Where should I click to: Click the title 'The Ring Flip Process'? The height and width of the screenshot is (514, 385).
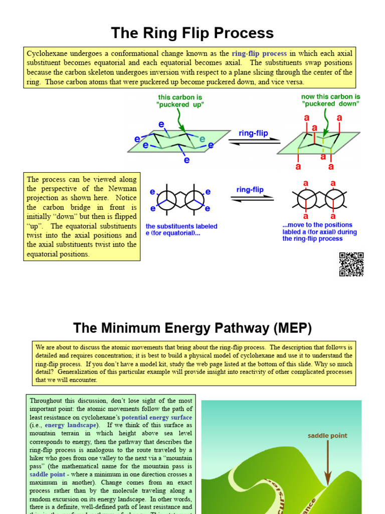(192, 33)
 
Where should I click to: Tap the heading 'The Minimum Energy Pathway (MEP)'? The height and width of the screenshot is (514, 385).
(192, 328)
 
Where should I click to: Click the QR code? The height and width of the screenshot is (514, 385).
(351, 264)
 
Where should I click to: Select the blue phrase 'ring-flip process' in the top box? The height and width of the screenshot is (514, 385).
(259, 53)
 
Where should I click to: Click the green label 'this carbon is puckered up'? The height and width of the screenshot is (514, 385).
(173, 101)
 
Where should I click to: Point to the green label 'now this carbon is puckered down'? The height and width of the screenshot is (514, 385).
(330, 100)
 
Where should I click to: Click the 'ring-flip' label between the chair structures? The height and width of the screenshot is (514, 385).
(253, 134)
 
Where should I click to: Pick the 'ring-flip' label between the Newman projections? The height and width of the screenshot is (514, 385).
(250, 190)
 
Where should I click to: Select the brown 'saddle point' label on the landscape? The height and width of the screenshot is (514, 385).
(327, 436)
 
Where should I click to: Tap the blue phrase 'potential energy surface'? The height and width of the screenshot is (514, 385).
(157, 418)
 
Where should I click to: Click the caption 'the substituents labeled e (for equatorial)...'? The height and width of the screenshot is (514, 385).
(181, 230)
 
